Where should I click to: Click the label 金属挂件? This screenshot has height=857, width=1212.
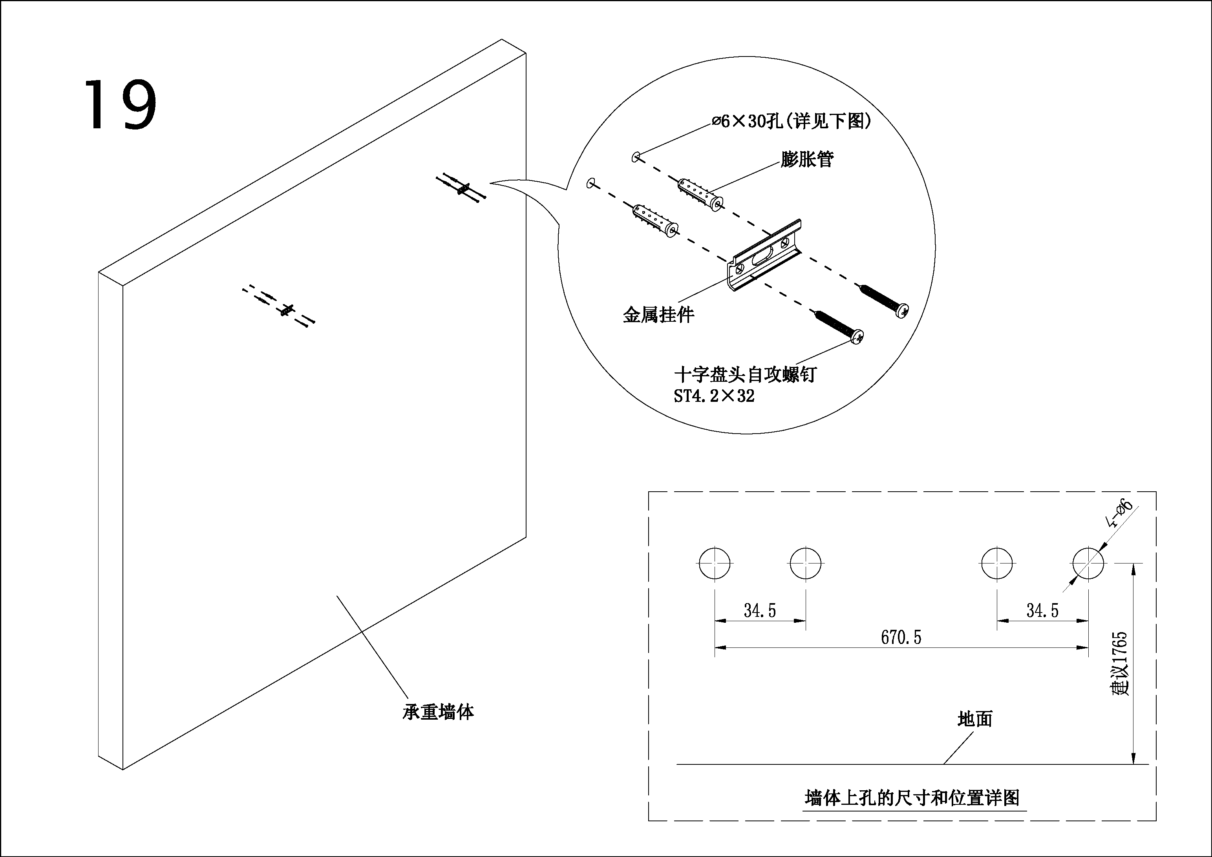(x=658, y=315)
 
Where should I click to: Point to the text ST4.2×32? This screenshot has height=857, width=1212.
(x=714, y=396)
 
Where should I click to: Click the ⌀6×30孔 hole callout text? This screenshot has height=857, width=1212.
(x=791, y=122)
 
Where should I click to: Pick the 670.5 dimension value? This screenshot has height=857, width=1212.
(x=901, y=638)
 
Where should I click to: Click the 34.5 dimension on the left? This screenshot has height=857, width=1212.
(x=760, y=611)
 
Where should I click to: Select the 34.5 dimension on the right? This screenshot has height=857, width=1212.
(x=1042, y=611)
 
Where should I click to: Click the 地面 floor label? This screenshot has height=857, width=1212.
(x=975, y=719)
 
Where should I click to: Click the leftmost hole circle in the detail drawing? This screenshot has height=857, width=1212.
(x=715, y=563)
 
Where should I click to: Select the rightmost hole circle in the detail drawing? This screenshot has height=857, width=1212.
(x=1088, y=563)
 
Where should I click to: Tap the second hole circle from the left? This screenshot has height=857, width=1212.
(x=806, y=563)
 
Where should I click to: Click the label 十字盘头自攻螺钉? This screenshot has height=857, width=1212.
(x=745, y=375)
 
